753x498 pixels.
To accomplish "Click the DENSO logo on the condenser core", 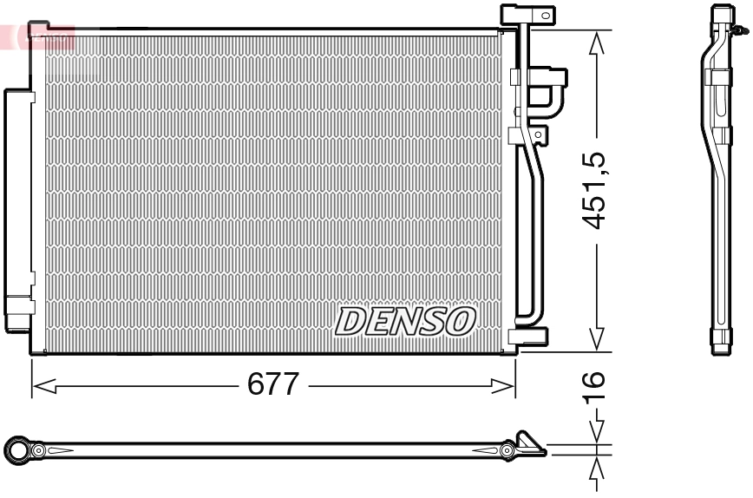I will click(405, 321).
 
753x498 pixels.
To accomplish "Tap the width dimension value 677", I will click(274, 384).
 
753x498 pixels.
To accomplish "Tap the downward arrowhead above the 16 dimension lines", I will click(596, 431).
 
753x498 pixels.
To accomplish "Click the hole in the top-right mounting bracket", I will click(545, 15).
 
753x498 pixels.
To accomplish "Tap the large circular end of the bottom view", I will click(17, 449).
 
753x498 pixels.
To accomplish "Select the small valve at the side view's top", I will click(738, 31).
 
